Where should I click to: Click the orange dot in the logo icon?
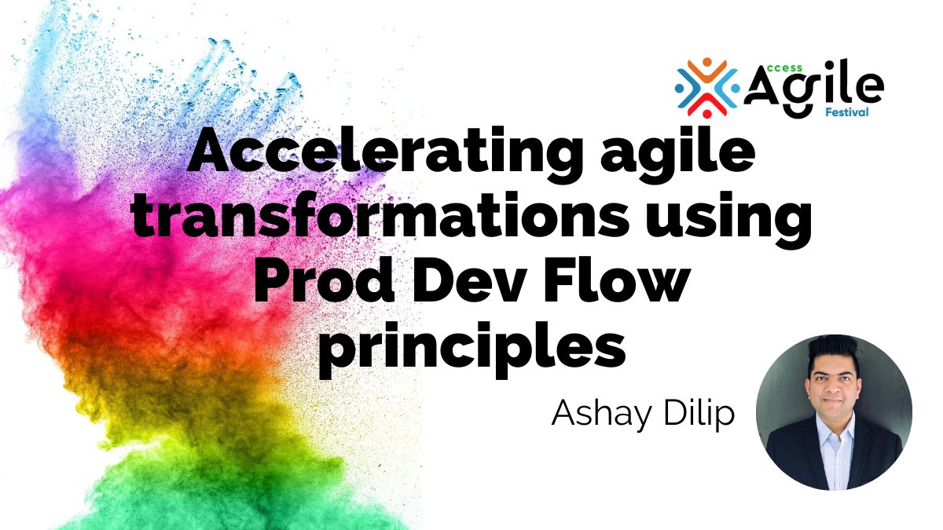coord(706,63)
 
